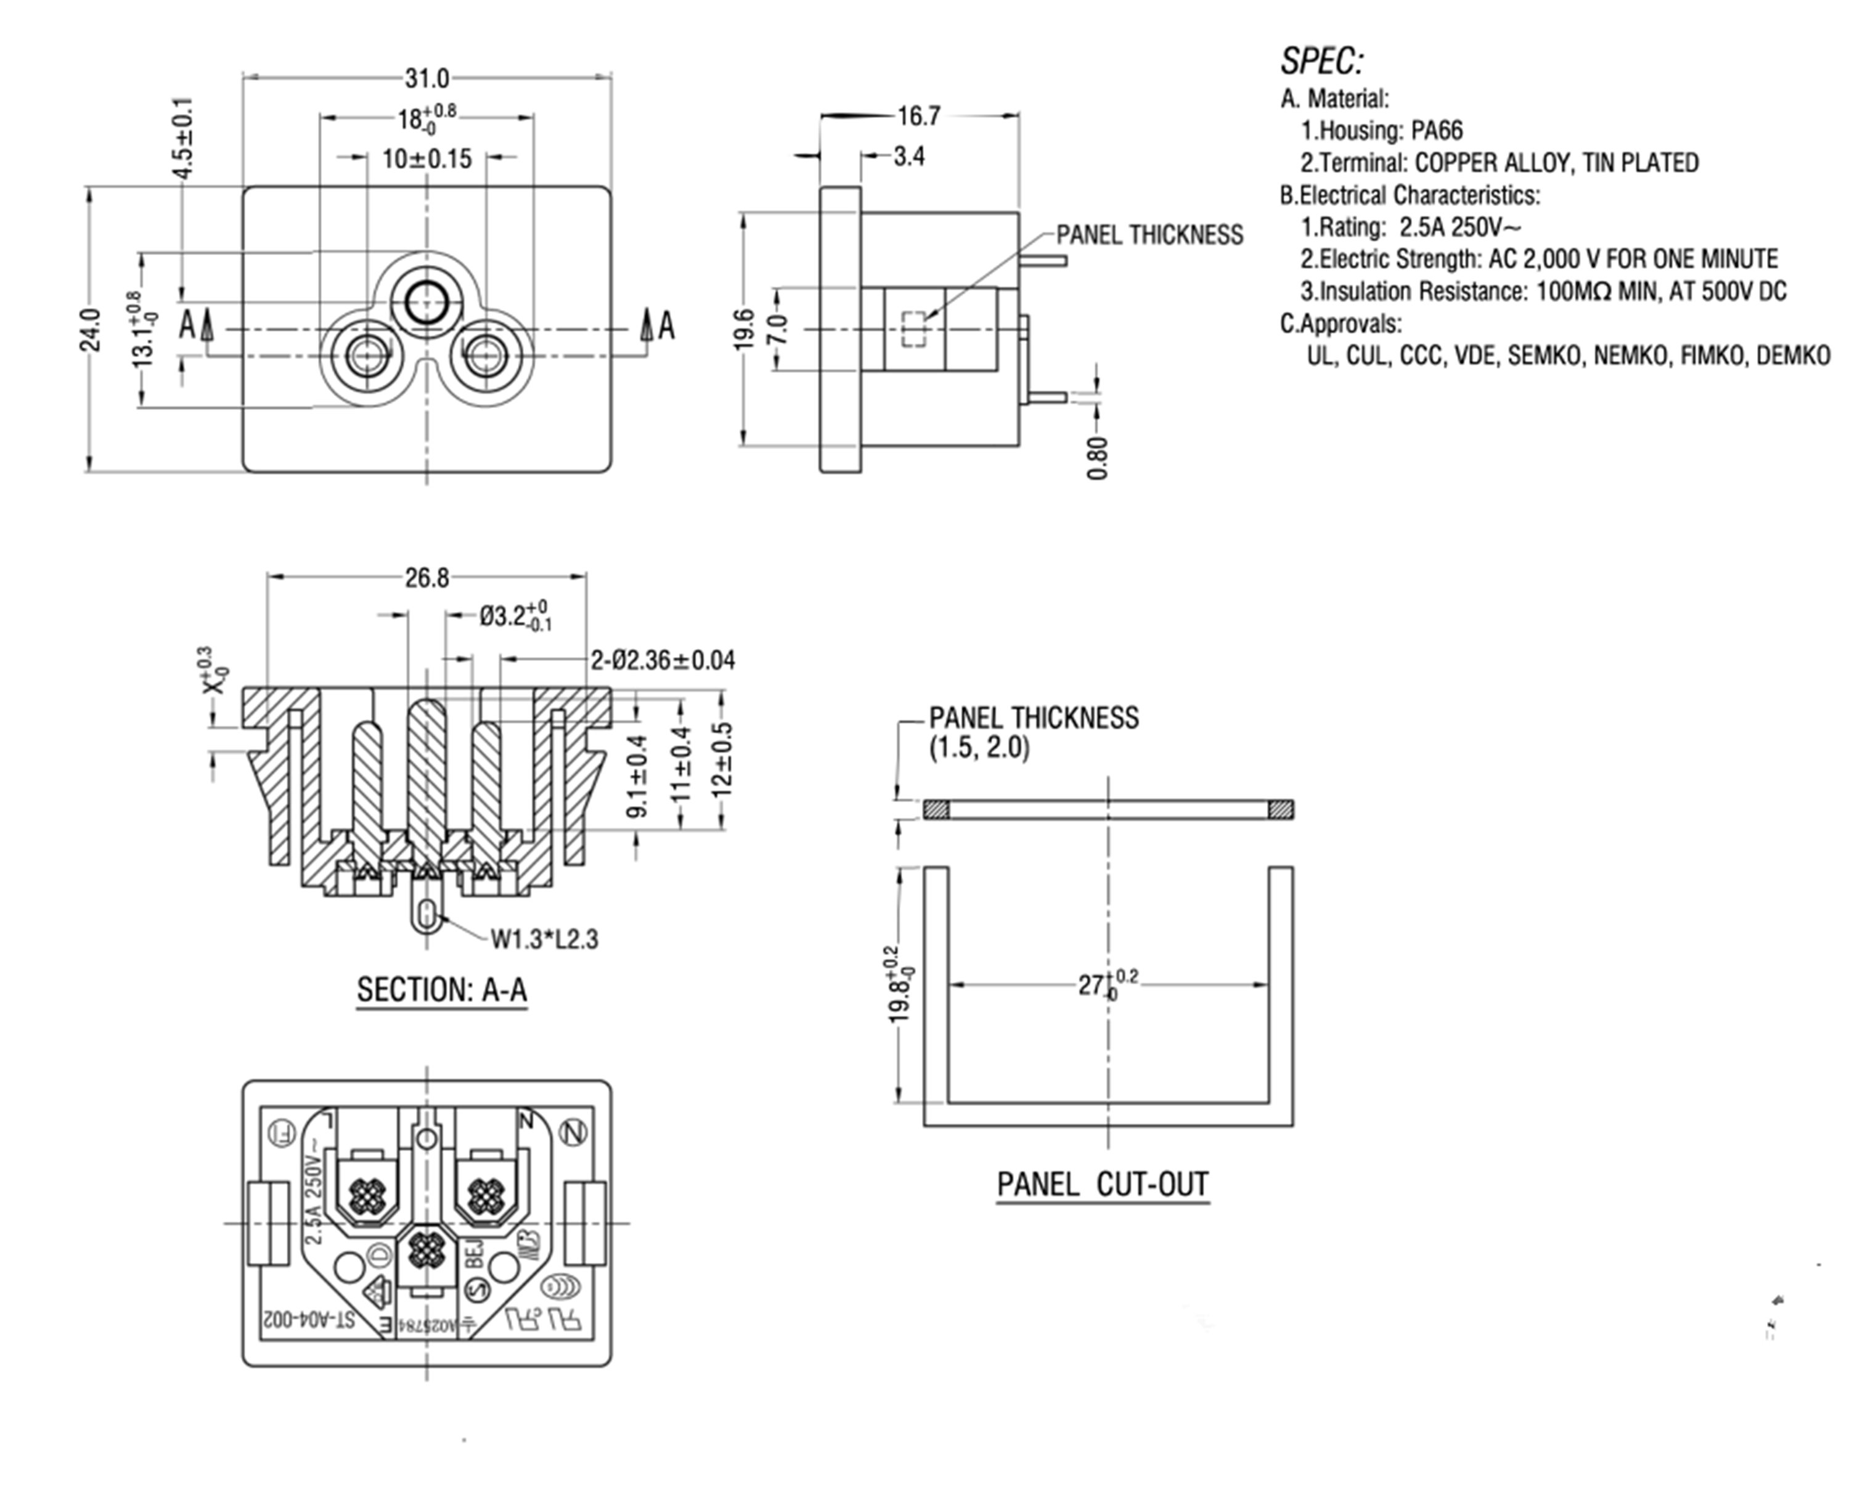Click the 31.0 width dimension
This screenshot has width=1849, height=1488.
[427, 79]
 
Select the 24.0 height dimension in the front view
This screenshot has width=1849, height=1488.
[90, 330]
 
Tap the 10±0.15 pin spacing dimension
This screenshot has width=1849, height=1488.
[427, 158]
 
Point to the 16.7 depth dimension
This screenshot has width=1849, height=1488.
[918, 116]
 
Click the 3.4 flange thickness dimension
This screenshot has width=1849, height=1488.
[908, 157]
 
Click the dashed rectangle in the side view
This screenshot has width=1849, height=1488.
[914, 329]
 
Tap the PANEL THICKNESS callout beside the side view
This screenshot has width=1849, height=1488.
[1149, 235]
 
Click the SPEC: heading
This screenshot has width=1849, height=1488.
[1321, 61]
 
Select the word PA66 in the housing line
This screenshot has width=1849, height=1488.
[1437, 131]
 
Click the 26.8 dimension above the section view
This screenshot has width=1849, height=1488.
[427, 578]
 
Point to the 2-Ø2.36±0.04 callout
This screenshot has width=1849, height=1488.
[662, 660]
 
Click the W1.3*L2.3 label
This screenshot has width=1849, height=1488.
[544, 939]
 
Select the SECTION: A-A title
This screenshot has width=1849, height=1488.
[442, 990]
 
